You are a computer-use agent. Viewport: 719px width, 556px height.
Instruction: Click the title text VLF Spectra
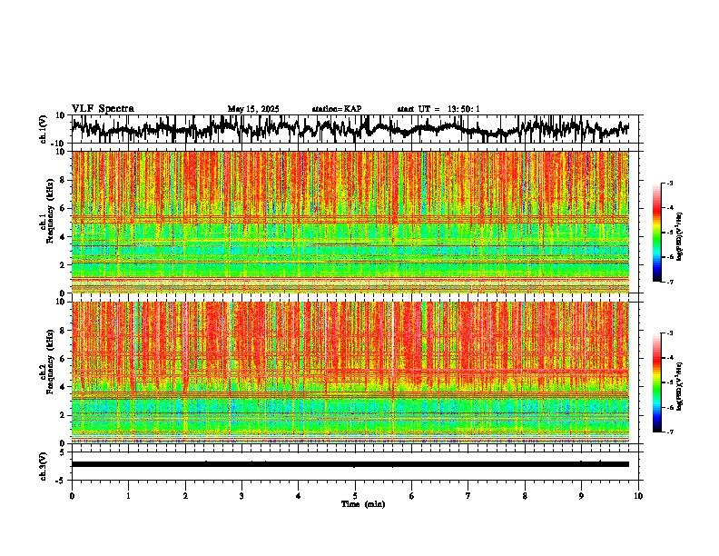point(103,109)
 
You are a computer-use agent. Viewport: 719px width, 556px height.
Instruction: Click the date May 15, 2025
point(252,109)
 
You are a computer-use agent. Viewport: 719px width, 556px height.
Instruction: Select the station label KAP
point(352,109)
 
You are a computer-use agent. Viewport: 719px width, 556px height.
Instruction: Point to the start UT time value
point(462,109)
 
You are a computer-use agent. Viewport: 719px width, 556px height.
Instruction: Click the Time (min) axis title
point(362,504)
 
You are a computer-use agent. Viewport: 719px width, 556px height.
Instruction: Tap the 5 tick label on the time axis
point(355,496)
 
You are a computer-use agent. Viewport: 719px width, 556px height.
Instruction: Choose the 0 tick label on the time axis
point(72,496)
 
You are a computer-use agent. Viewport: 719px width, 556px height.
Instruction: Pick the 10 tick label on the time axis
point(638,496)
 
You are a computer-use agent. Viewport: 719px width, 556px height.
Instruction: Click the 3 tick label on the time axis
point(241,496)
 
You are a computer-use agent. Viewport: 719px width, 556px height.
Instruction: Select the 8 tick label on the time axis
point(525,496)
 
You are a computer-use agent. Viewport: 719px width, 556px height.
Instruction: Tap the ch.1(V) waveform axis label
point(43,129)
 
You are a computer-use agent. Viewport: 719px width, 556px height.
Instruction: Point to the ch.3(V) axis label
point(43,464)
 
